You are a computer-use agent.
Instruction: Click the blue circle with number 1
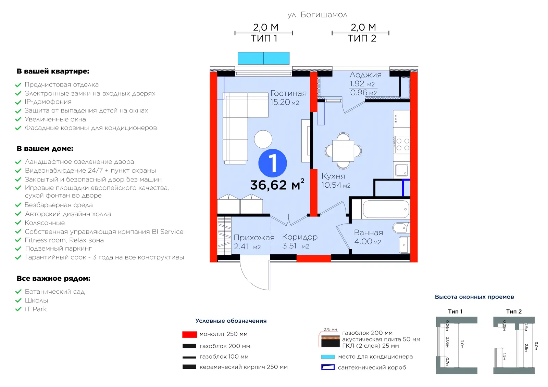coord(273,163)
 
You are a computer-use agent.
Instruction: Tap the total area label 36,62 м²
coord(277,185)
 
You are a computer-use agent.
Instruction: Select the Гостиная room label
coord(288,93)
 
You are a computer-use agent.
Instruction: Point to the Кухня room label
coord(333,176)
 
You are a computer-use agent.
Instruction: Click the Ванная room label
coord(369,233)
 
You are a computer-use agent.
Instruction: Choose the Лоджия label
coord(365,75)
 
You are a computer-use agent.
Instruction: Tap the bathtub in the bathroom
coord(386,209)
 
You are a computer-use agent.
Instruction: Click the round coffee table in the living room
coord(263,139)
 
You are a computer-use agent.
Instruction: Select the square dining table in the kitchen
coord(343,151)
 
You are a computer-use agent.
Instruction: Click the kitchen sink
coord(402,170)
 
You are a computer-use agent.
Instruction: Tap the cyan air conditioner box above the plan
coord(263,58)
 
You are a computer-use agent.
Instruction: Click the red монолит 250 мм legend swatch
coord(190,334)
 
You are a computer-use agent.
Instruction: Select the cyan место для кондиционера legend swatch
coord(328,357)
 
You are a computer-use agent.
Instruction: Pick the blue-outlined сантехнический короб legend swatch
coord(328,367)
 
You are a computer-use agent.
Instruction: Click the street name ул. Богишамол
coord(317,15)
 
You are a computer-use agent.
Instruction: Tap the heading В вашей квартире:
coord(53,71)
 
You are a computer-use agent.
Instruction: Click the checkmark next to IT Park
coord(18,309)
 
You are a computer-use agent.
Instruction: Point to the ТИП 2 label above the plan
coord(362,38)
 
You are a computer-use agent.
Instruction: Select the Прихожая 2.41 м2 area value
coord(247,246)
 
